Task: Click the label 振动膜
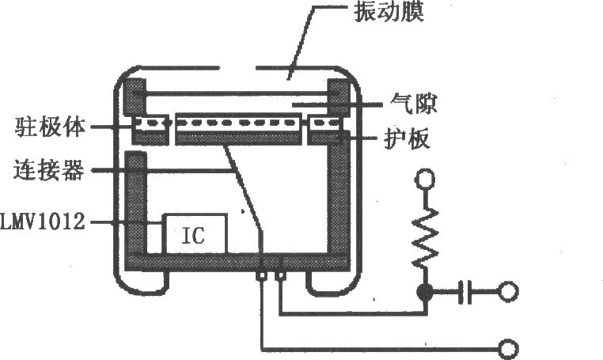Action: [x=389, y=12]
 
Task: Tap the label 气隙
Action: [x=413, y=103]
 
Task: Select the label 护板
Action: [x=407, y=138]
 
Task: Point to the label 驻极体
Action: [x=50, y=127]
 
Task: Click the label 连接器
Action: [x=49, y=169]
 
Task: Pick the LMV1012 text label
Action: [x=42, y=222]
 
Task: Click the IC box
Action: [x=195, y=234]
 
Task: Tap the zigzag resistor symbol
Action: [x=425, y=237]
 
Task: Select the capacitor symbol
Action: [x=465, y=292]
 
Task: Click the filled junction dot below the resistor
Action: [x=425, y=292]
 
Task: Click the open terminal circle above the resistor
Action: [x=425, y=180]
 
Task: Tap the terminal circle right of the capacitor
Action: [x=508, y=292]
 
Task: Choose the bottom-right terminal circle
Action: [x=508, y=349]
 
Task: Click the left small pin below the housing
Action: [x=261, y=276]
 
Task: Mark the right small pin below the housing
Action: [x=282, y=276]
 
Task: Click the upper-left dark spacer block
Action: [x=135, y=97]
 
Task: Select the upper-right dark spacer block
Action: [x=339, y=97]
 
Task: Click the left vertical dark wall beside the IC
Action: [x=136, y=204]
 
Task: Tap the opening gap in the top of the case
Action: [x=237, y=69]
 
